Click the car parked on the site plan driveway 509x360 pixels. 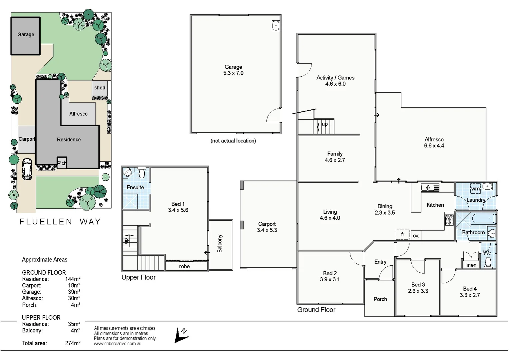pos(27,169)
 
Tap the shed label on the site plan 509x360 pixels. pos(100,88)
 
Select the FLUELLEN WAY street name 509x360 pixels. pos(60,222)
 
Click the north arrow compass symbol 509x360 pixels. pos(182,335)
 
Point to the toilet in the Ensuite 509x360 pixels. pos(142,173)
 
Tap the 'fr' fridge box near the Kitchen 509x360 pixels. pos(402,234)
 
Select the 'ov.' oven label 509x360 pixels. pos(416,236)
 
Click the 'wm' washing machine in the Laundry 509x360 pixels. pos(475,188)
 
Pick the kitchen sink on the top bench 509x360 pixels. pos(430,188)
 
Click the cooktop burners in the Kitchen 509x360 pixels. pos(449,220)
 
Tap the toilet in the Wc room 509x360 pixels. pos(489,262)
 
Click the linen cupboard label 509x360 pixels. pos(471,265)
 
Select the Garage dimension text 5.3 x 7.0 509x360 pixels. pos(233,73)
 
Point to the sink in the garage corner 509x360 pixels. pos(275,26)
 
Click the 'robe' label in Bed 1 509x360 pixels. pos(184,266)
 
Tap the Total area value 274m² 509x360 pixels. pos(73,343)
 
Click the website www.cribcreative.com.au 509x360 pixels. pos(118,344)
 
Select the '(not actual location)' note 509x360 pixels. pos(233,141)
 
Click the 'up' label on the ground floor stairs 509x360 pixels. pos(324,124)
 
